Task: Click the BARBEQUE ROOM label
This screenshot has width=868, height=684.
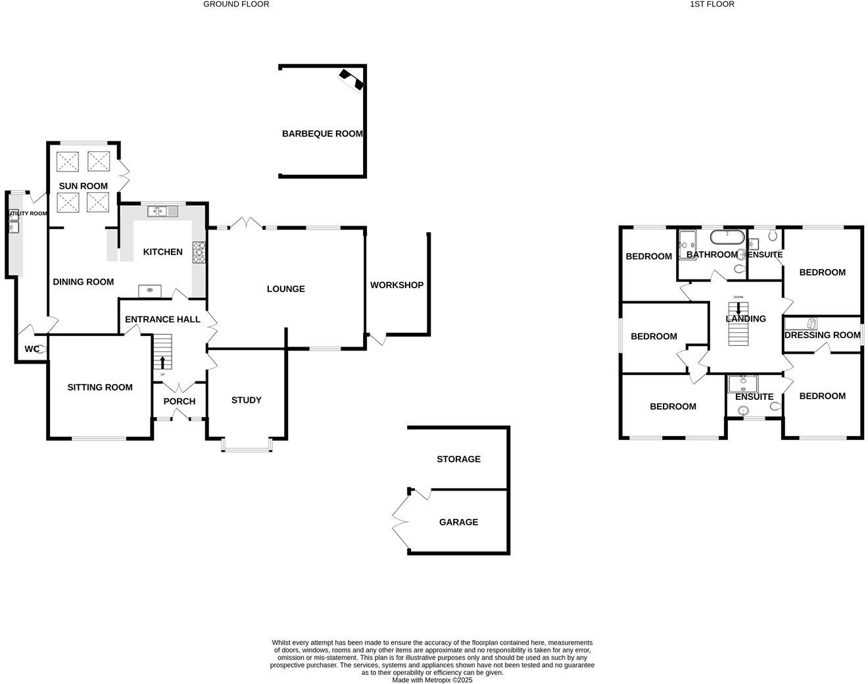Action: click(x=322, y=134)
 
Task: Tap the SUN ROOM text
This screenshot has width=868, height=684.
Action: click(x=83, y=186)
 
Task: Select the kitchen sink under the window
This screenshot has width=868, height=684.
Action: click(x=162, y=211)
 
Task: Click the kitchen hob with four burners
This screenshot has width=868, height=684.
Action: click(x=199, y=252)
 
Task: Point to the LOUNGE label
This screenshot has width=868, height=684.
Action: click(x=285, y=289)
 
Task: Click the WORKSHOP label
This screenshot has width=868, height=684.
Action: click(x=397, y=285)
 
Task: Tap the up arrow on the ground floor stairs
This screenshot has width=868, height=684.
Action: click(x=162, y=362)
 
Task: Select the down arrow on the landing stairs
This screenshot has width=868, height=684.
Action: click(x=738, y=308)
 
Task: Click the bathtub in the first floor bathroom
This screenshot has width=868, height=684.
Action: click(x=727, y=237)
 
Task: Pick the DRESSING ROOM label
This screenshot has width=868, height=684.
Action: click(x=823, y=335)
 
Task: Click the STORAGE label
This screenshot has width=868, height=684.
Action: click(x=458, y=459)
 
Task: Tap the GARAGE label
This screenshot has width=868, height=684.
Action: click(x=458, y=522)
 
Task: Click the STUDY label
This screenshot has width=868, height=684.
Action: click(x=247, y=400)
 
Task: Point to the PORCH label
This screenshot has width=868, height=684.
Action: click(x=179, y=401)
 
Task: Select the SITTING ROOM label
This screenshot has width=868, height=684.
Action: click(x=100, y=387)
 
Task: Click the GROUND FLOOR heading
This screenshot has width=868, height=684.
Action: click(x=236, y=5)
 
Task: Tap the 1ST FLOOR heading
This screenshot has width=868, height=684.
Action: click(x=712, y=5)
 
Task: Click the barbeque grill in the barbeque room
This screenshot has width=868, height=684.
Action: click(x=351, y=80)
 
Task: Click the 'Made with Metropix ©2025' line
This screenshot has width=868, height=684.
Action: click(x=433, y=680)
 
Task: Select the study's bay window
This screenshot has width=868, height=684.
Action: click(x=247, y=445)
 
